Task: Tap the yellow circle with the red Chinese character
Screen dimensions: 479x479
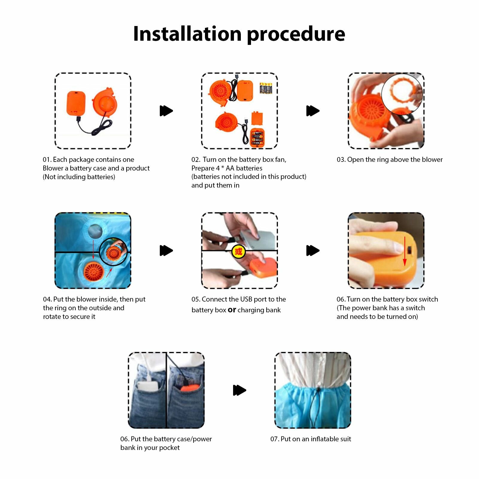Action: pos(238,251)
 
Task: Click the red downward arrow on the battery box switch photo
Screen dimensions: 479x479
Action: pos(405,251)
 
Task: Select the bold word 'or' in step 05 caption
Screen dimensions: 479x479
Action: pos(232,310)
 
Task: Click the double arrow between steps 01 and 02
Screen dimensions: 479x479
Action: pos(166,111)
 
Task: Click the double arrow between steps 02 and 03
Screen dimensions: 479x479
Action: pos(313,111)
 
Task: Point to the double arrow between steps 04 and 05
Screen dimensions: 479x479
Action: pos(166,250)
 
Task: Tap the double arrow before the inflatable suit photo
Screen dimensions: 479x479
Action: pos(240,390)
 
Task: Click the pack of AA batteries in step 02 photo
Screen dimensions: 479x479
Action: pos(266,88)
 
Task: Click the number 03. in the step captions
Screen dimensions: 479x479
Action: pos(341,160)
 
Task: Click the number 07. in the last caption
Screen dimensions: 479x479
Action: pos(275,439)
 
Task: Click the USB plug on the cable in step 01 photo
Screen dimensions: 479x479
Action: pos(79,119)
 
